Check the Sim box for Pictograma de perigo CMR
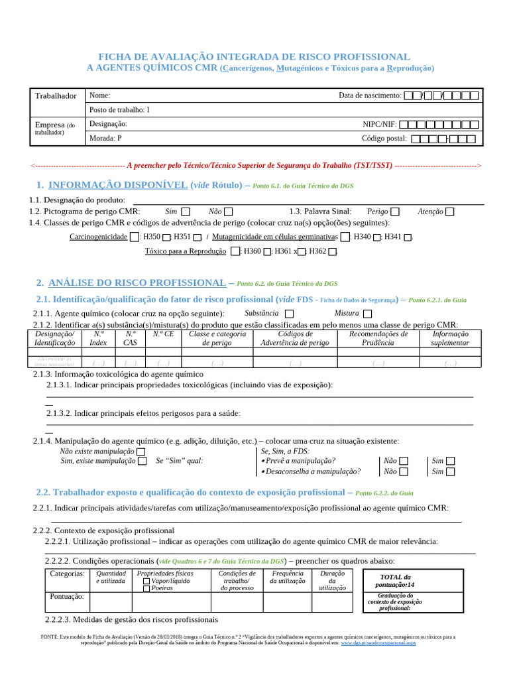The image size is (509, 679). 186,212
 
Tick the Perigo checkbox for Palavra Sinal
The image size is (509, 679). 395,212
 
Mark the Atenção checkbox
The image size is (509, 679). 450,212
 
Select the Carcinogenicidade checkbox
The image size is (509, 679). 135,237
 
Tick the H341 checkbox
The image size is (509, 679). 408,237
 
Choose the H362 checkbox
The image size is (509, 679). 333,252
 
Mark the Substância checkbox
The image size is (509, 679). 289,314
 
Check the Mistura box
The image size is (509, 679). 368,314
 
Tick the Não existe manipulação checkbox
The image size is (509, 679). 141,451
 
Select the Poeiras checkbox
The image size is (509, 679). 146,588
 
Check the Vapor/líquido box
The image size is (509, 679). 146,580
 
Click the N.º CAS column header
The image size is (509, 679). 131,338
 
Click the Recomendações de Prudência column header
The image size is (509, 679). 378,338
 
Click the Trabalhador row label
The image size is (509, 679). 56,96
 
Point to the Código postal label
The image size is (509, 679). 384,139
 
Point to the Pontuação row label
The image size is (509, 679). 67,597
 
